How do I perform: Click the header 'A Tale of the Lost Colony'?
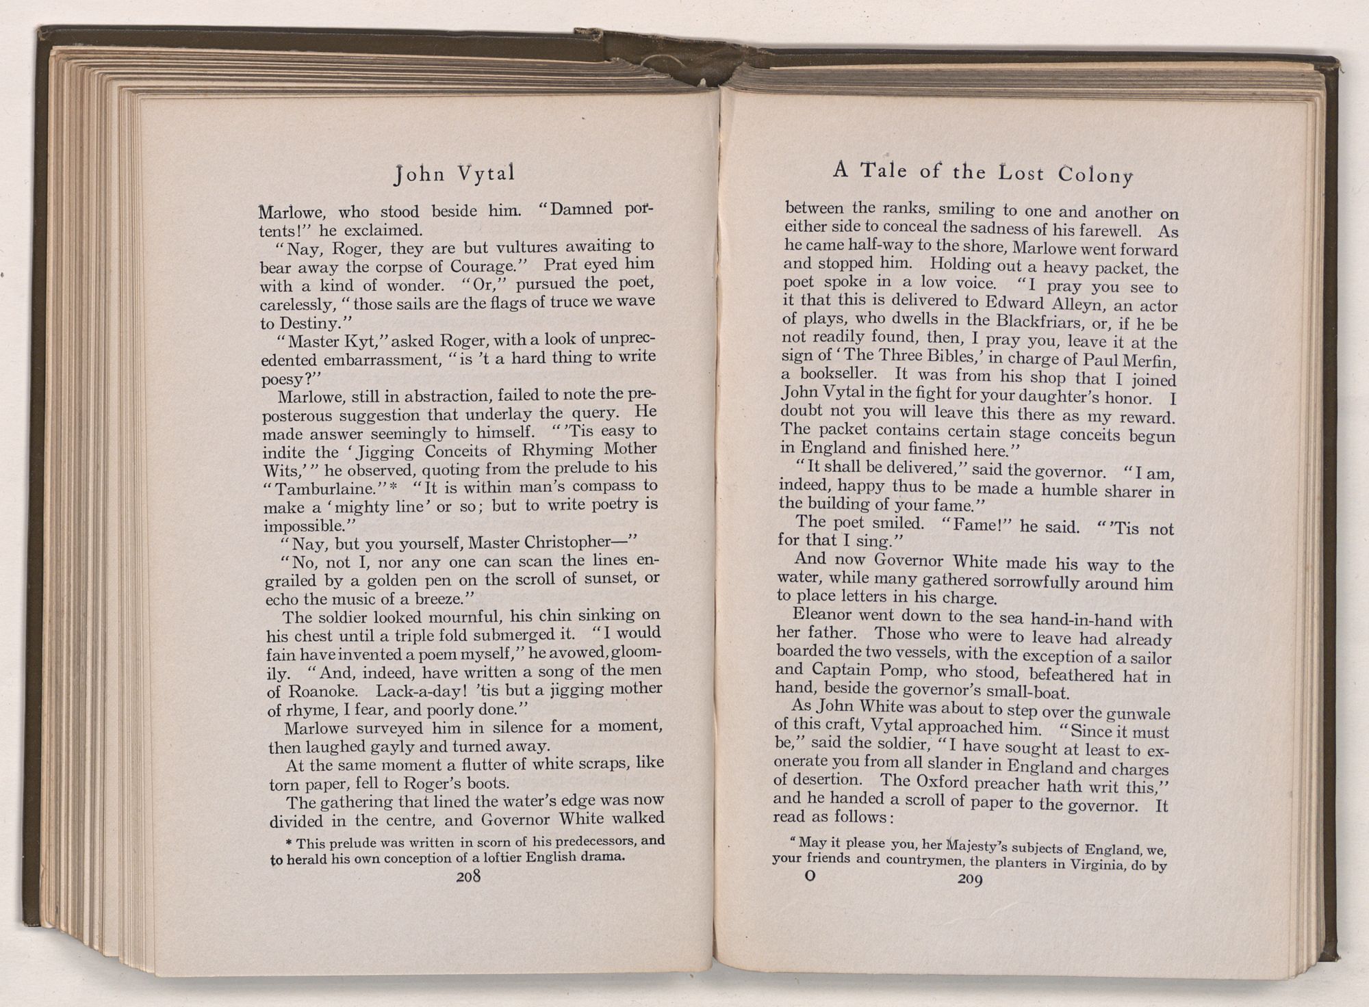coord(982,172)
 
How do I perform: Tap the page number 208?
coord(470,876)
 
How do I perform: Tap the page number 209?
coord(970,880)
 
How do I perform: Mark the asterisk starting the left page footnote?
coord(289,842)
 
